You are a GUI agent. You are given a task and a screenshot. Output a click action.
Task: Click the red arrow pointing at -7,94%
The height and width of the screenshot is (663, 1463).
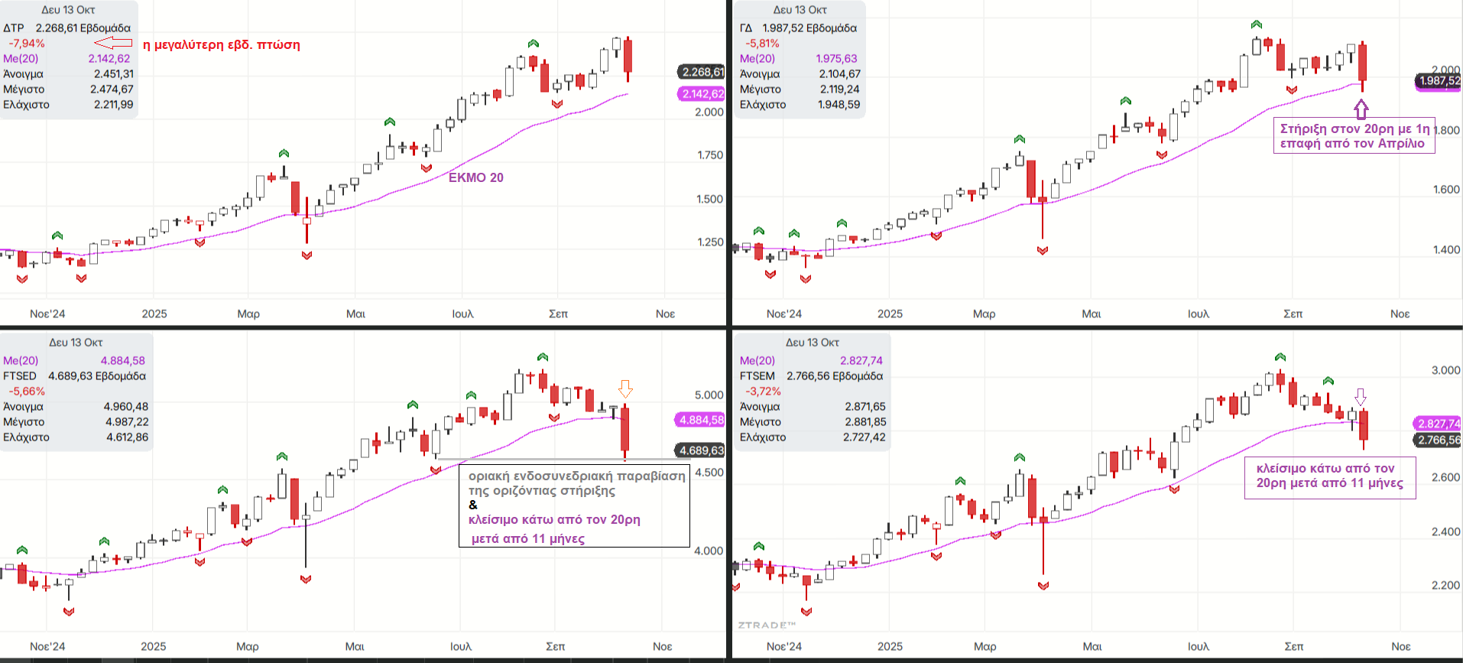[x=113, y=44]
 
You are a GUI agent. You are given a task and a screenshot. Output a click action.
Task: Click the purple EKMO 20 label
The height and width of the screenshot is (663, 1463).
[x=475, y=177]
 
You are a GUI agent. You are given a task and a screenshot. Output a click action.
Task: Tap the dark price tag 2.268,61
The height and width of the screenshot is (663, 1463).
[x=702, y=72]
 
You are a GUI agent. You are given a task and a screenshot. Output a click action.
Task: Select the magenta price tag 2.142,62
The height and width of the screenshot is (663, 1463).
[x=702, y=94]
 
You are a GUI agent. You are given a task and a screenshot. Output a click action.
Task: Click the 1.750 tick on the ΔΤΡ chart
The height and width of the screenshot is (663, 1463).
[x=710, y=154]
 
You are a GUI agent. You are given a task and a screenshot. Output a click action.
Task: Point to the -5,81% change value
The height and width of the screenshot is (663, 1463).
[x=762, y=44]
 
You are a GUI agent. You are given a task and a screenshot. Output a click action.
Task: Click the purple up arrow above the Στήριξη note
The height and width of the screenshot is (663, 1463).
[x=1361, y=109]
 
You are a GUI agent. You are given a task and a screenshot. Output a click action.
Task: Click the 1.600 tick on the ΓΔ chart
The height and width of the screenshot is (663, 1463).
[x=1446, y=189]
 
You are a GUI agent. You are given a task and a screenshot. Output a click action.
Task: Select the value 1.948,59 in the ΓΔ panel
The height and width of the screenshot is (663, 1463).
[x=839, y=105]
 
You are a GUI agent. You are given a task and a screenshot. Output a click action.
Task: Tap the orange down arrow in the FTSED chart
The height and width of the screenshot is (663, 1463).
[x=625, y=390]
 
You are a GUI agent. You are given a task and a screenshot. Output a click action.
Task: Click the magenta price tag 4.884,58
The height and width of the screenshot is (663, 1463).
[x=701, y=420]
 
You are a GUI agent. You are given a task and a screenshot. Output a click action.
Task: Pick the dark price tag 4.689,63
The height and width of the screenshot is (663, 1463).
[x=701, y=450]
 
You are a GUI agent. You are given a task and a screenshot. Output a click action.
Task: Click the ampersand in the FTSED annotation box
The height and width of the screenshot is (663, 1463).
[x=473, y=505]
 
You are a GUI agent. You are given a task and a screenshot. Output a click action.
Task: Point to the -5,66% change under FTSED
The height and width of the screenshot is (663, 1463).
[x=27, y=392]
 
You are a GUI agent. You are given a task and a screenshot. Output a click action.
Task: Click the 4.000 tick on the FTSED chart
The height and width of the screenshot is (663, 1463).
[x=709, y=551]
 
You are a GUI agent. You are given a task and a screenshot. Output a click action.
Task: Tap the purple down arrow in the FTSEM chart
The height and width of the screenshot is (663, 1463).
[x=1361, y=397]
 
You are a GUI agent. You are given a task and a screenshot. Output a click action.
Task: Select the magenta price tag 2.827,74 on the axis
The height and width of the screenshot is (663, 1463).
[x=1438, y=424]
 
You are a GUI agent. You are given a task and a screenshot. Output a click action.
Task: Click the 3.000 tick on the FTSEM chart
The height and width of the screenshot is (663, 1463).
[x=1445, y=370]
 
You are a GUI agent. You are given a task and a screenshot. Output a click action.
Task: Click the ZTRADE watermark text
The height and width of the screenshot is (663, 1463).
[x=767, y=626]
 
